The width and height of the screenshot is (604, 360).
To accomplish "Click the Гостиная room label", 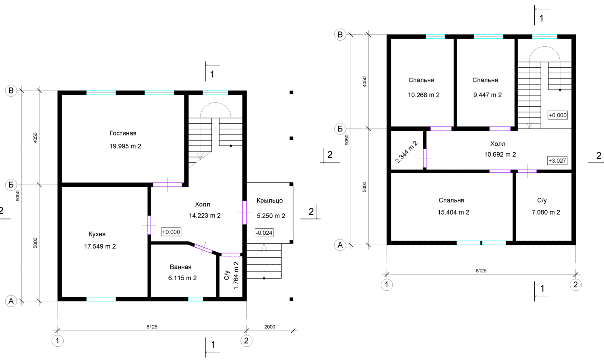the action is tap(123, 133).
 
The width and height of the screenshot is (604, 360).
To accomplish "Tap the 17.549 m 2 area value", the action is tap(100, 246).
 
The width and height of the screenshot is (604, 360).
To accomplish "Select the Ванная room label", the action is tap(181, 267).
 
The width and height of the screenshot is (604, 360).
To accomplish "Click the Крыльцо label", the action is tap(270, 201).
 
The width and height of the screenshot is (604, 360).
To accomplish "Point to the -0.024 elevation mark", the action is tap(264, 233).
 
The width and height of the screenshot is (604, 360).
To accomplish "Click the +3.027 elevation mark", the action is tap(557, 160).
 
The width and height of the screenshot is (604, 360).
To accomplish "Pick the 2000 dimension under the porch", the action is tap(270, 327).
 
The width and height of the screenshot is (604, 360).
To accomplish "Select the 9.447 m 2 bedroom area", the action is tap(488, 95).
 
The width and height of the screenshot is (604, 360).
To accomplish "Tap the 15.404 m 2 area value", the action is tap(453, 212).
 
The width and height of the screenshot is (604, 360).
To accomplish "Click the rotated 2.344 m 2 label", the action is tap(407, 152).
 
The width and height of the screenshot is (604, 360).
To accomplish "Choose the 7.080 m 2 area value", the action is tap(546, 212).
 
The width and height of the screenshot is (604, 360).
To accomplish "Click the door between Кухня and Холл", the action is tap(149, 225).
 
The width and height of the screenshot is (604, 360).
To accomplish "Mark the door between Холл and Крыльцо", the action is tap(244, 213).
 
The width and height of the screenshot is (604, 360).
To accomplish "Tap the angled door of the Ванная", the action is tap(203, 248).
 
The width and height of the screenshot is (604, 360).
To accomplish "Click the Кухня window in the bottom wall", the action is tap(101, 299).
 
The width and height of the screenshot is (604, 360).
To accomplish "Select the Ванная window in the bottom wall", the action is tap(195, 299).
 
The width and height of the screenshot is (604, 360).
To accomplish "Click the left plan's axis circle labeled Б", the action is tap(11, 185).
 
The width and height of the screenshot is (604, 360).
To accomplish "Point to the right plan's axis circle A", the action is tap(340, 245).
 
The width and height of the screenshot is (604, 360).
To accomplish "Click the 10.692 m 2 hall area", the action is tap(500, 155).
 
